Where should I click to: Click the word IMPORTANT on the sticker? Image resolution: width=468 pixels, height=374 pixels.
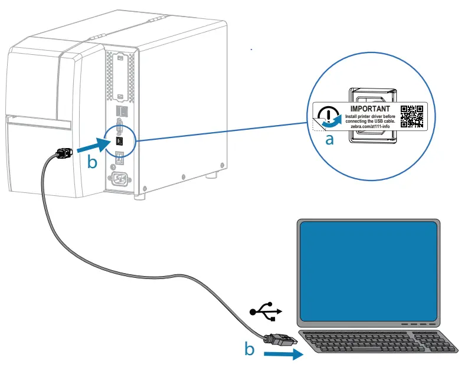[370, 109]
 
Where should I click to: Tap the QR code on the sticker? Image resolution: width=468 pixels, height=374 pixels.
[411, 116]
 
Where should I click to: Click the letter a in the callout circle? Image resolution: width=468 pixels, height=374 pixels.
[329, 140]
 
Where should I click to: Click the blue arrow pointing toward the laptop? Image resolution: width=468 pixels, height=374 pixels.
[283, 355]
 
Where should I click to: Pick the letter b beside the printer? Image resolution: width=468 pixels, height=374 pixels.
[92, 162]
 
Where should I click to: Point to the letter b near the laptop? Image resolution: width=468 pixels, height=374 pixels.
[250, 349]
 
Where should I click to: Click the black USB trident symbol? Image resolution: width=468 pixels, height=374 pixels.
[266, 311]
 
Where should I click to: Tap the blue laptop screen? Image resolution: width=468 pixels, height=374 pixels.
[368, 271]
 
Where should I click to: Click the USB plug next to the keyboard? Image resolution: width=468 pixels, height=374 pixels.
[280, 339]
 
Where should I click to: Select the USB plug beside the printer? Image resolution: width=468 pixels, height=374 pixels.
[64, 153]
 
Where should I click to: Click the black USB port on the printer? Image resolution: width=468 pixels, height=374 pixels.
[120, 141]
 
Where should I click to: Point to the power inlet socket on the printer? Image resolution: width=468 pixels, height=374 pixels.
[119, 179]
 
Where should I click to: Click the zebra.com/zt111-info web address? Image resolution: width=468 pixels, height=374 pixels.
[370, 126]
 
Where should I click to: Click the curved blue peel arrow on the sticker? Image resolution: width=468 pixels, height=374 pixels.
[332, 123]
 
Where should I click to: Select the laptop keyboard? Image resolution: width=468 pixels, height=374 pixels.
[378, 342]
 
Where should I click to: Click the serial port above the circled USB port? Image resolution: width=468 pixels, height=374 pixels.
[120, 126]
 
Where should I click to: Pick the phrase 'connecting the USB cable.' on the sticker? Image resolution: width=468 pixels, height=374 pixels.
[370, 122]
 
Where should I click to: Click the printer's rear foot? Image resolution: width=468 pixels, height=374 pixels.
[212, 175]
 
